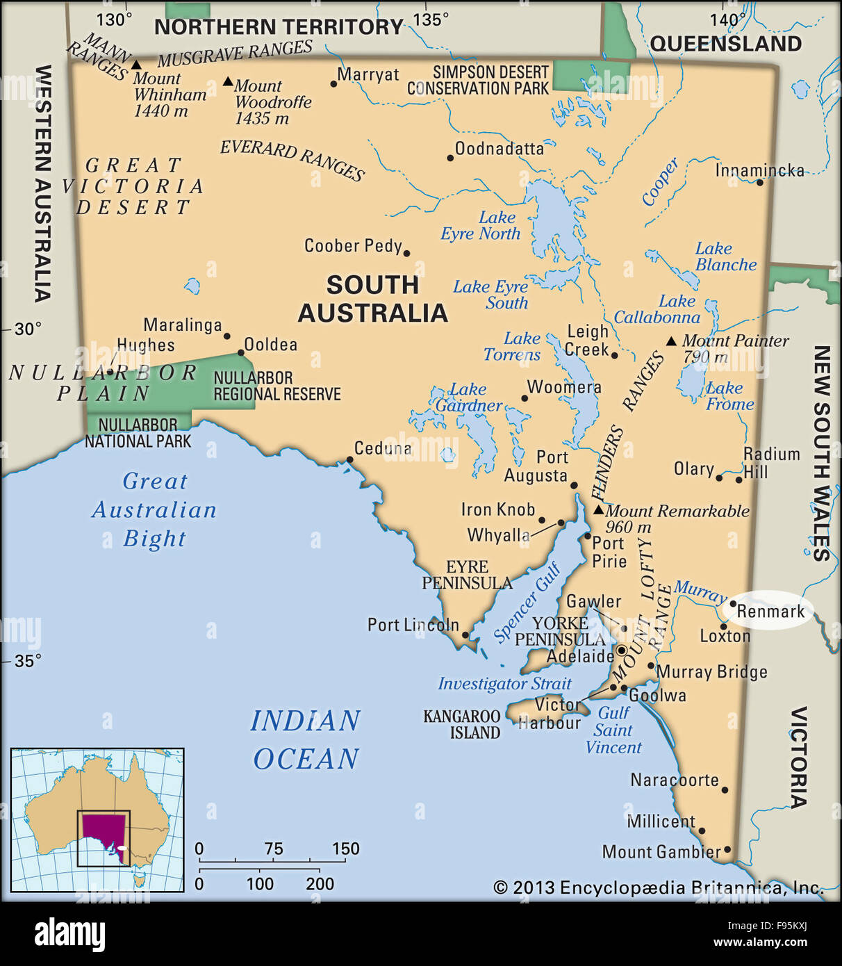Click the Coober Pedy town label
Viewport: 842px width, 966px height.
coord(353,246)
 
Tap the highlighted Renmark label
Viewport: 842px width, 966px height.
coord(770,612)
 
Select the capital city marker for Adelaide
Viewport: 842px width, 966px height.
coord(622,650)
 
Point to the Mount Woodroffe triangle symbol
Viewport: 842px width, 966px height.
coord(228,81)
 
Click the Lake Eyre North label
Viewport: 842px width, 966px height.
coord(481,226)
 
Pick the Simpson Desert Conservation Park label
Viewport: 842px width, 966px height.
coord(478,81)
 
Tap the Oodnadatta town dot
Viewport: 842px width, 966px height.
coord(450,158)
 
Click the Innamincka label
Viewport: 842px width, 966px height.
coord(759,170)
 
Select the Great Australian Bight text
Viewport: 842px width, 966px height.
coord(154,509)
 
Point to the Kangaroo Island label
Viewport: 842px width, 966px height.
coord(462,724)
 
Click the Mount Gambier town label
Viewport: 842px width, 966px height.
coord(661,852)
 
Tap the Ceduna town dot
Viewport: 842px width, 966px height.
coord(349,459)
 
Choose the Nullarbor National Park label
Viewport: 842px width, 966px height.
coord(138,432)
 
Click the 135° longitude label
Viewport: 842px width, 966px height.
coord(431,19)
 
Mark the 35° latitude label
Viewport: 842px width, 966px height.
coord(28,661)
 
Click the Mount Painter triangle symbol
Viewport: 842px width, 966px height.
coord(671,341)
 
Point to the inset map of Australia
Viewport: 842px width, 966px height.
coord(97,820)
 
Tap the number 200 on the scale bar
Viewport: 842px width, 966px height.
coord(320,884)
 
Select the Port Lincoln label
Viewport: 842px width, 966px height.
coord(413,625)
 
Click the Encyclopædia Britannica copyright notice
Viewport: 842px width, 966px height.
coord(657,887)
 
